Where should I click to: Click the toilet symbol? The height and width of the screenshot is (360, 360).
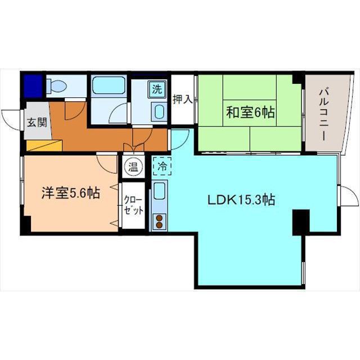[56, 86]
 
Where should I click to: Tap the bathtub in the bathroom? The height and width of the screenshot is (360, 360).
[109, 85]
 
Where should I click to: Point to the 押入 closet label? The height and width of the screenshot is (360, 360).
[182, 100]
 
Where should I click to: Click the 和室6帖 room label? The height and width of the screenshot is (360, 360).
[250, 112]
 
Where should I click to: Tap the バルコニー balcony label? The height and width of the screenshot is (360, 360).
[324, 115]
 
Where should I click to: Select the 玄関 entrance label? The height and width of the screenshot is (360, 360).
[37, 122]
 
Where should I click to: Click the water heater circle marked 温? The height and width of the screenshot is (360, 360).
[133, 167]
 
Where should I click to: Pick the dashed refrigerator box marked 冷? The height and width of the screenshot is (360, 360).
[162, 166]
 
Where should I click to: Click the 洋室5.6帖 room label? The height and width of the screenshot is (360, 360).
[71, 193]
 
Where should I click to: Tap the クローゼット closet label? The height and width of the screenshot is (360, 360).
[133, 205]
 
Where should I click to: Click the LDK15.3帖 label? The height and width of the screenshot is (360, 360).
[241, 200]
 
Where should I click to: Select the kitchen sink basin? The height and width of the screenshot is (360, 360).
[159, 191]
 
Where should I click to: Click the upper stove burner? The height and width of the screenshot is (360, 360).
[159, 218]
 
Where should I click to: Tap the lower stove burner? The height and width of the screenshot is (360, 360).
[159, 225]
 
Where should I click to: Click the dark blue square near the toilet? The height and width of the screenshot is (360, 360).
[33, 86]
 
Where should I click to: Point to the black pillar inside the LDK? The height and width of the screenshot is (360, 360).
[301, 223]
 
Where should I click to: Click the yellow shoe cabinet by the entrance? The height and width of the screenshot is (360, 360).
[44, 145]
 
